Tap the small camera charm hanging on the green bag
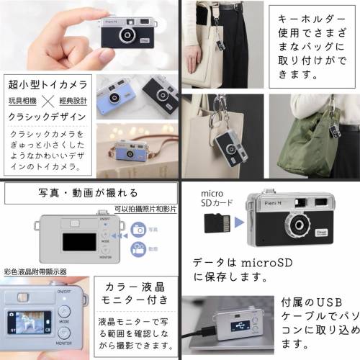click(333, 130)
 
